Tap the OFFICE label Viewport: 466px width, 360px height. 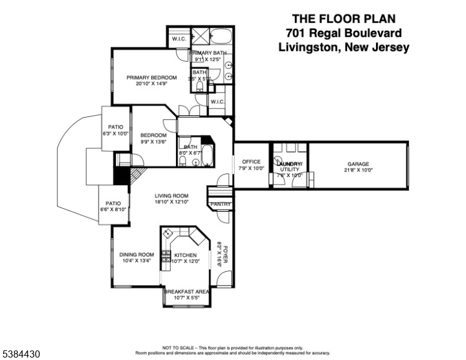click(252, 162)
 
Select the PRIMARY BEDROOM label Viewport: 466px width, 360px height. click(151, 77)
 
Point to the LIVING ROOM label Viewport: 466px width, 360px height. click(172, 196)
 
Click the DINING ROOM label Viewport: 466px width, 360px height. click(136, 254)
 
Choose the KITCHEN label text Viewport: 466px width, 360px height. click(186, 255)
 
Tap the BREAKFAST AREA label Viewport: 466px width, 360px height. click(186, 292)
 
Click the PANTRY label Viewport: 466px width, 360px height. click(219, 205)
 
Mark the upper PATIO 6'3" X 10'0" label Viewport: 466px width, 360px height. click(115, 127)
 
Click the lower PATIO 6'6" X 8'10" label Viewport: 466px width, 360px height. click(113, 203)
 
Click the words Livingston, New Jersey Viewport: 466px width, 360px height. click(344, 47)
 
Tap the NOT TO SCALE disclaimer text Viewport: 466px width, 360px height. click(232, 347)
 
